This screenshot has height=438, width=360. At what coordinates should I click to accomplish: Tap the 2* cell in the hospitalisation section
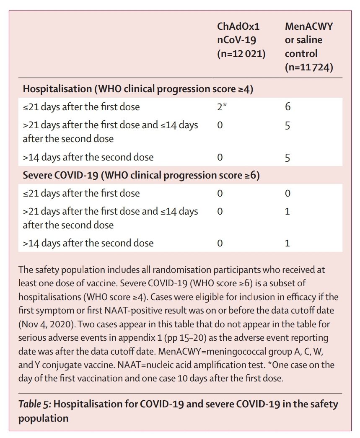222,107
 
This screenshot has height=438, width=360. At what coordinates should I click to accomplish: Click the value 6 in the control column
287,107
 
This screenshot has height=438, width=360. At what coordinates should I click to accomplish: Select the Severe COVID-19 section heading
141,175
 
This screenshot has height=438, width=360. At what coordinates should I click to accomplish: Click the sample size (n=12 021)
241,54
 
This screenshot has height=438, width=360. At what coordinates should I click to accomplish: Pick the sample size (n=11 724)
309,67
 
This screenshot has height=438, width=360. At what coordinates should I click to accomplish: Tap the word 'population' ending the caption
43,418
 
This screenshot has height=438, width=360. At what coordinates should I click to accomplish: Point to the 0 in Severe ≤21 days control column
287,194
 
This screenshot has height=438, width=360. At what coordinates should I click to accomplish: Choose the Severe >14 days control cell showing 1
287,243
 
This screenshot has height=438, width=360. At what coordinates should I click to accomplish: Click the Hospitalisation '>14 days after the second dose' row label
88,158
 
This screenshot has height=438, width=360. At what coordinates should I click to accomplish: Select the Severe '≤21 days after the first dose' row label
81,194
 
